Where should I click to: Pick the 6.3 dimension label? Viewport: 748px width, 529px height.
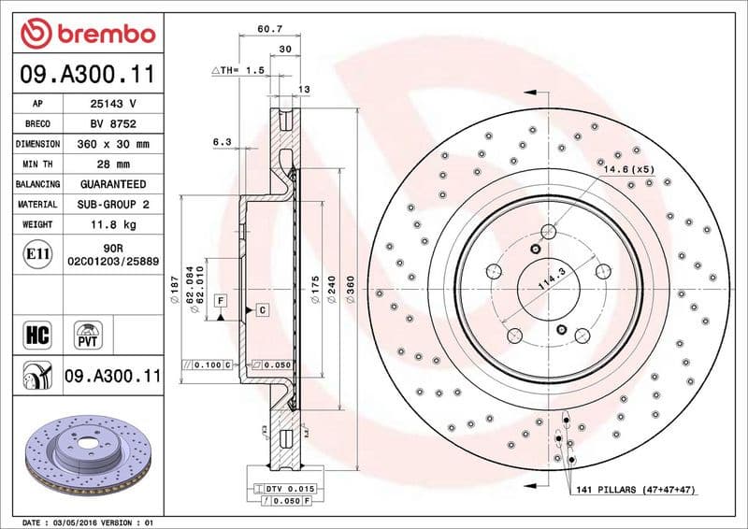coord(222,141)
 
